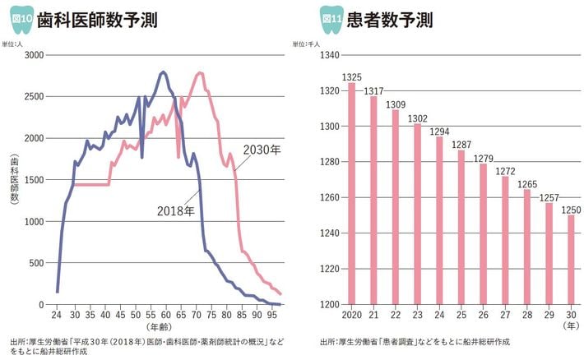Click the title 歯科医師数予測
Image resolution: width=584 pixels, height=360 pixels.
97,19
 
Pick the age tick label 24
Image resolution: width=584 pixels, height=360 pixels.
57,315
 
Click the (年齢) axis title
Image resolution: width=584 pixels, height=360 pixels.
161,327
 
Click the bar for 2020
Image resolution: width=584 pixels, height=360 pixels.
351,194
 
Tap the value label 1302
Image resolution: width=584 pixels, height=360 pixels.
417,118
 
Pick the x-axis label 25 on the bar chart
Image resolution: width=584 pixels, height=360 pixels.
461,315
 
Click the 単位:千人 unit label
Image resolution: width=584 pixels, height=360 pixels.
304,42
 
